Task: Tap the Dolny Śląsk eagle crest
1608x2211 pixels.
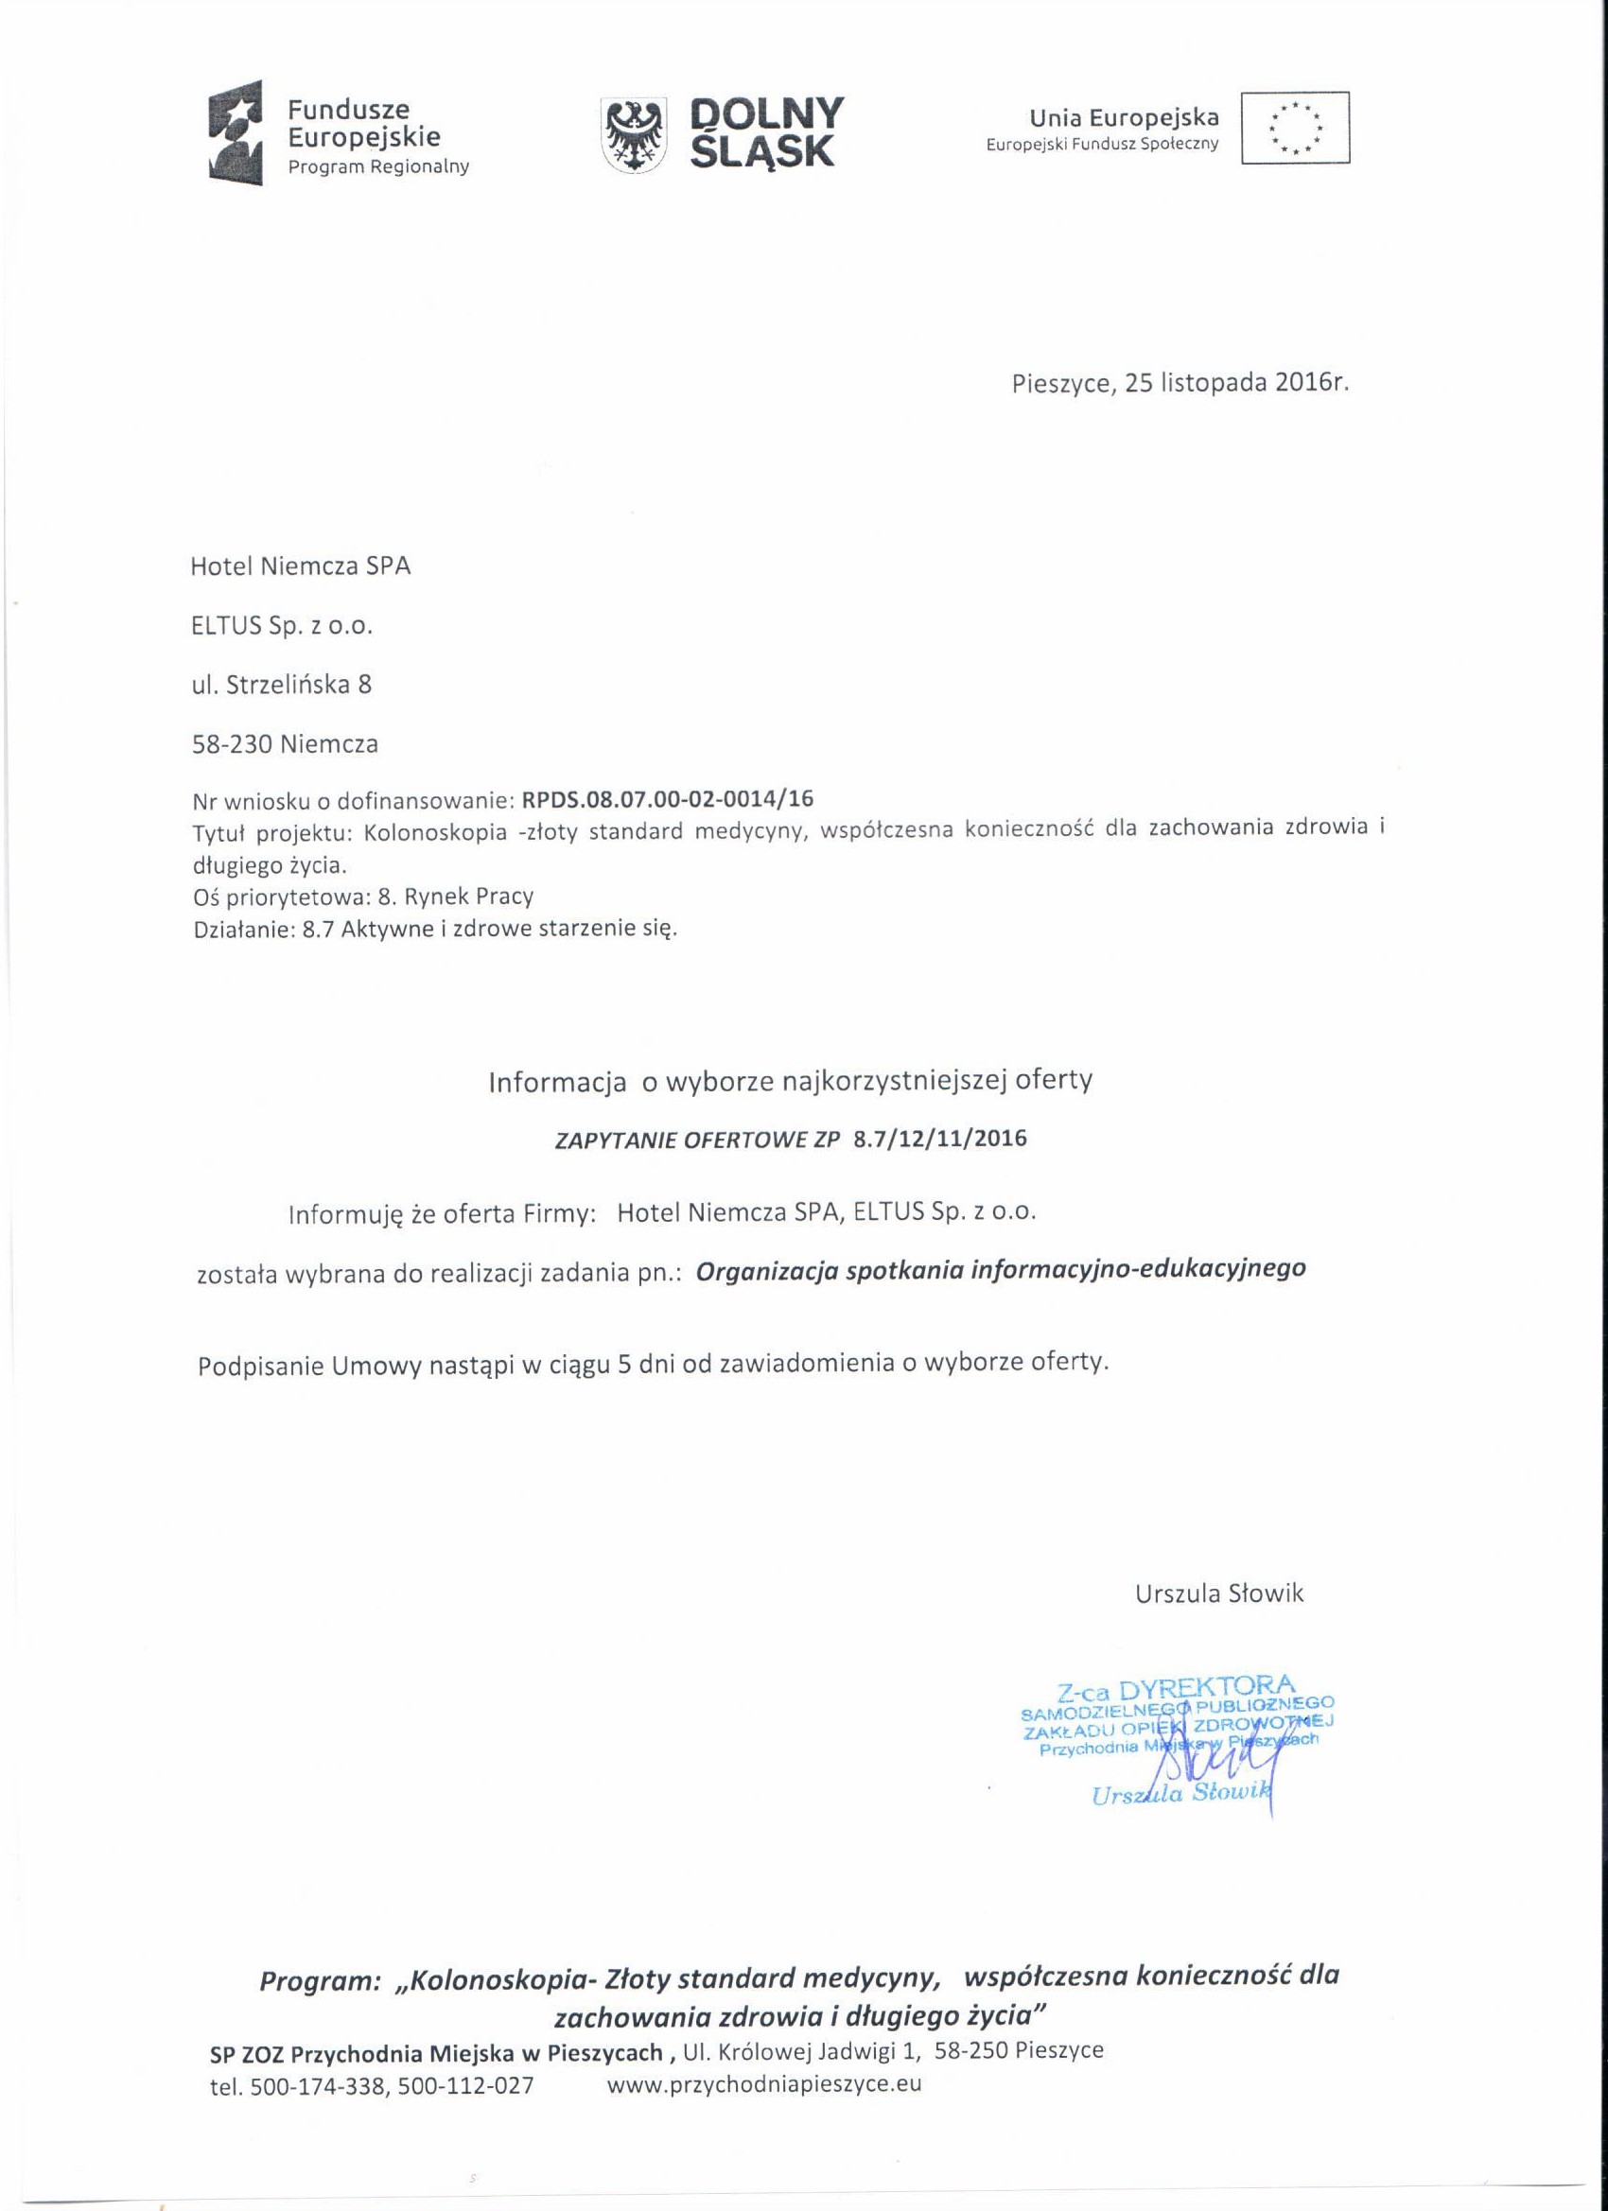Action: (634, 136)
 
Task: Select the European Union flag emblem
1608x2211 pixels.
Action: (1295, 128)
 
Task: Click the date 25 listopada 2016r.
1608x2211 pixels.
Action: (1236, 383)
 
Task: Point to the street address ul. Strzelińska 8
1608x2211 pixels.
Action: (281, 685)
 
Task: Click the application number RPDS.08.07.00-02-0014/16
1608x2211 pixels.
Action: (668, 799)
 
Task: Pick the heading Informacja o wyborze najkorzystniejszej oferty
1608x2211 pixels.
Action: (790, 1081)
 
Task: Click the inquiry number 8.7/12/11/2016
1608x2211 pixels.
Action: (939, 1139)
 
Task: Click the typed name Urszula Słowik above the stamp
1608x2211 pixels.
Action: (1219, 1593)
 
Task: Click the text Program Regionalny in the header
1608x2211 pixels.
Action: (378, 166)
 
